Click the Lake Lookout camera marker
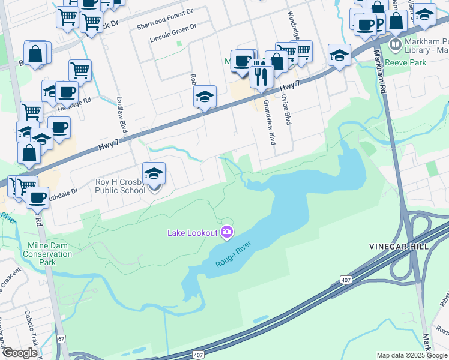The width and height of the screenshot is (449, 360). pyautogui.click(x=227, y=232)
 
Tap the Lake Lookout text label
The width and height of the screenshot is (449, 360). pyautogui.click(x=192, y=233)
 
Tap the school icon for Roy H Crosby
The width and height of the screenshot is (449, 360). pyautogui.click(x=154, y=175)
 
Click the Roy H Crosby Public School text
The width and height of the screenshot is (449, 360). pyautogui.click(x=120, y=187)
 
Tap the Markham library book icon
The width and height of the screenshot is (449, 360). pyautogui.click(x=395, y=44)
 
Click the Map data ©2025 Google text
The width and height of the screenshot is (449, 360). pyautogui.click(x=412, y=355)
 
